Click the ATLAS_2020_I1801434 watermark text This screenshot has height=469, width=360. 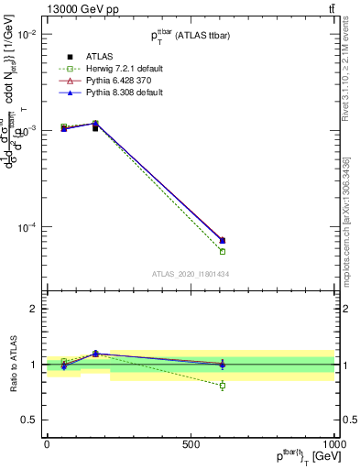(190, 274)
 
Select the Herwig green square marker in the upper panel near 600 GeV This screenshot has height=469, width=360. (223, 251)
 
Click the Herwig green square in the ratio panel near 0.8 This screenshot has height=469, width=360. (223, 386)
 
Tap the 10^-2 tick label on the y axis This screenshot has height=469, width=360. (26, 34)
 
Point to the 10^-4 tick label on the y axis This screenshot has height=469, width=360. (26, 228)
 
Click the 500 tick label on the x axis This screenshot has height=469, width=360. (191, 443)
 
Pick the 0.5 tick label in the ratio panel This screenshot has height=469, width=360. (30, 420)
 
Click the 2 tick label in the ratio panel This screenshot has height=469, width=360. (34, 309)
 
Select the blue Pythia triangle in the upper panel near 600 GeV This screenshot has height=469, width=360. (223, 240)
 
